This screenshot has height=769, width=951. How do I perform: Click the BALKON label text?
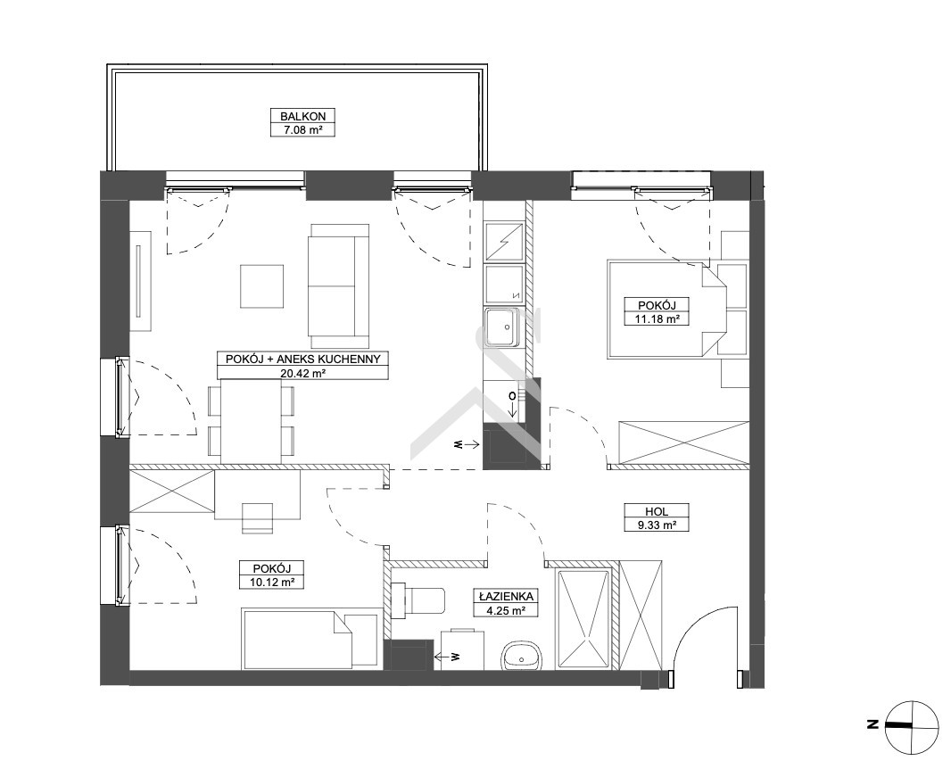pos(302,116)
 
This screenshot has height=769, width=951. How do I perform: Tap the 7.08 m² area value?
pos(302,129)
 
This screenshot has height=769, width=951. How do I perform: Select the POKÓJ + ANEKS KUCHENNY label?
pos(302,359)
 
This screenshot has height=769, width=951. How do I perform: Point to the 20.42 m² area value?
pos(302,373)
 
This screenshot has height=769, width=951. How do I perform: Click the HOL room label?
pos(657,511)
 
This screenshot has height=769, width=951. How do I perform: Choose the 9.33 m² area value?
pos(657,525)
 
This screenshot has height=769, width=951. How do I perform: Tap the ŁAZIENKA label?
pos(505,596)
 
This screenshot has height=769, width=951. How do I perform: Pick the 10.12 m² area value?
pos(271,583)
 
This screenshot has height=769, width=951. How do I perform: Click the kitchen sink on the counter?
pos(502,327)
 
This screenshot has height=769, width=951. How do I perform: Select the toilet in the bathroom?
pos(418,601)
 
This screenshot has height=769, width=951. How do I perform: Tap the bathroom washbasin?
pos(520,657)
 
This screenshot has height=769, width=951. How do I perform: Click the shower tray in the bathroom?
pos(583,620)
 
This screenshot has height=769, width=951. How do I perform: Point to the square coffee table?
pos(262,286)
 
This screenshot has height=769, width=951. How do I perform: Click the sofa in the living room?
pos(338,284)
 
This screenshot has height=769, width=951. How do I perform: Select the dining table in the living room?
pos(251,421)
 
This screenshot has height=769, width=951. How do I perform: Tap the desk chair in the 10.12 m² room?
pos(257,518)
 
